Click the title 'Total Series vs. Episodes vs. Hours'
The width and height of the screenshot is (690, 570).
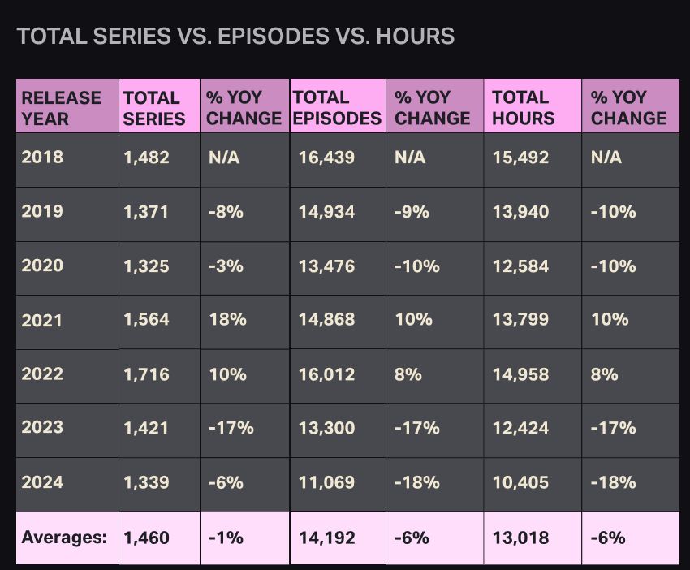pos(235,37)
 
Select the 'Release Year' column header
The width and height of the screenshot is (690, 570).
pos(62,107)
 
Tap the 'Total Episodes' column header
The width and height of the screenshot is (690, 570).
pos(337,107)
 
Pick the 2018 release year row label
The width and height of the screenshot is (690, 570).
pos(41,158)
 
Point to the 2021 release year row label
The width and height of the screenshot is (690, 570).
pos(41,320)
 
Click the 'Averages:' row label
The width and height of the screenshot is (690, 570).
pos(64,537)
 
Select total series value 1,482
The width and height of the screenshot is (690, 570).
pos(147,158)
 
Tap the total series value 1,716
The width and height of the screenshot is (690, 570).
pos(147,374)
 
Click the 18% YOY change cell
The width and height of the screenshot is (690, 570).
pos(227,319)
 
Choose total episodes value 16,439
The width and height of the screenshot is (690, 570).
pos(326,158)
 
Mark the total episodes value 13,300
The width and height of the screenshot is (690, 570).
pos(326,428)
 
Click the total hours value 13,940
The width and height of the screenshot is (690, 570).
pos(520,212)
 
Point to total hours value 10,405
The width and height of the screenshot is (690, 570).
pos(520,482)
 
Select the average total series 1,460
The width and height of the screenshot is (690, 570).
pos(147,537)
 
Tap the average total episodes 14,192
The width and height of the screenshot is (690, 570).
pos(326,537)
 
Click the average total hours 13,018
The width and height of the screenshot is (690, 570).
pos(520,537)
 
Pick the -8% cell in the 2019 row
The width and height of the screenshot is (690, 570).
pos(226,212)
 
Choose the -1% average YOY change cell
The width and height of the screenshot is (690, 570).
pos(226,537)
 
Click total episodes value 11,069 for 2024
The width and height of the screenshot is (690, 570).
pos(326,482)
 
